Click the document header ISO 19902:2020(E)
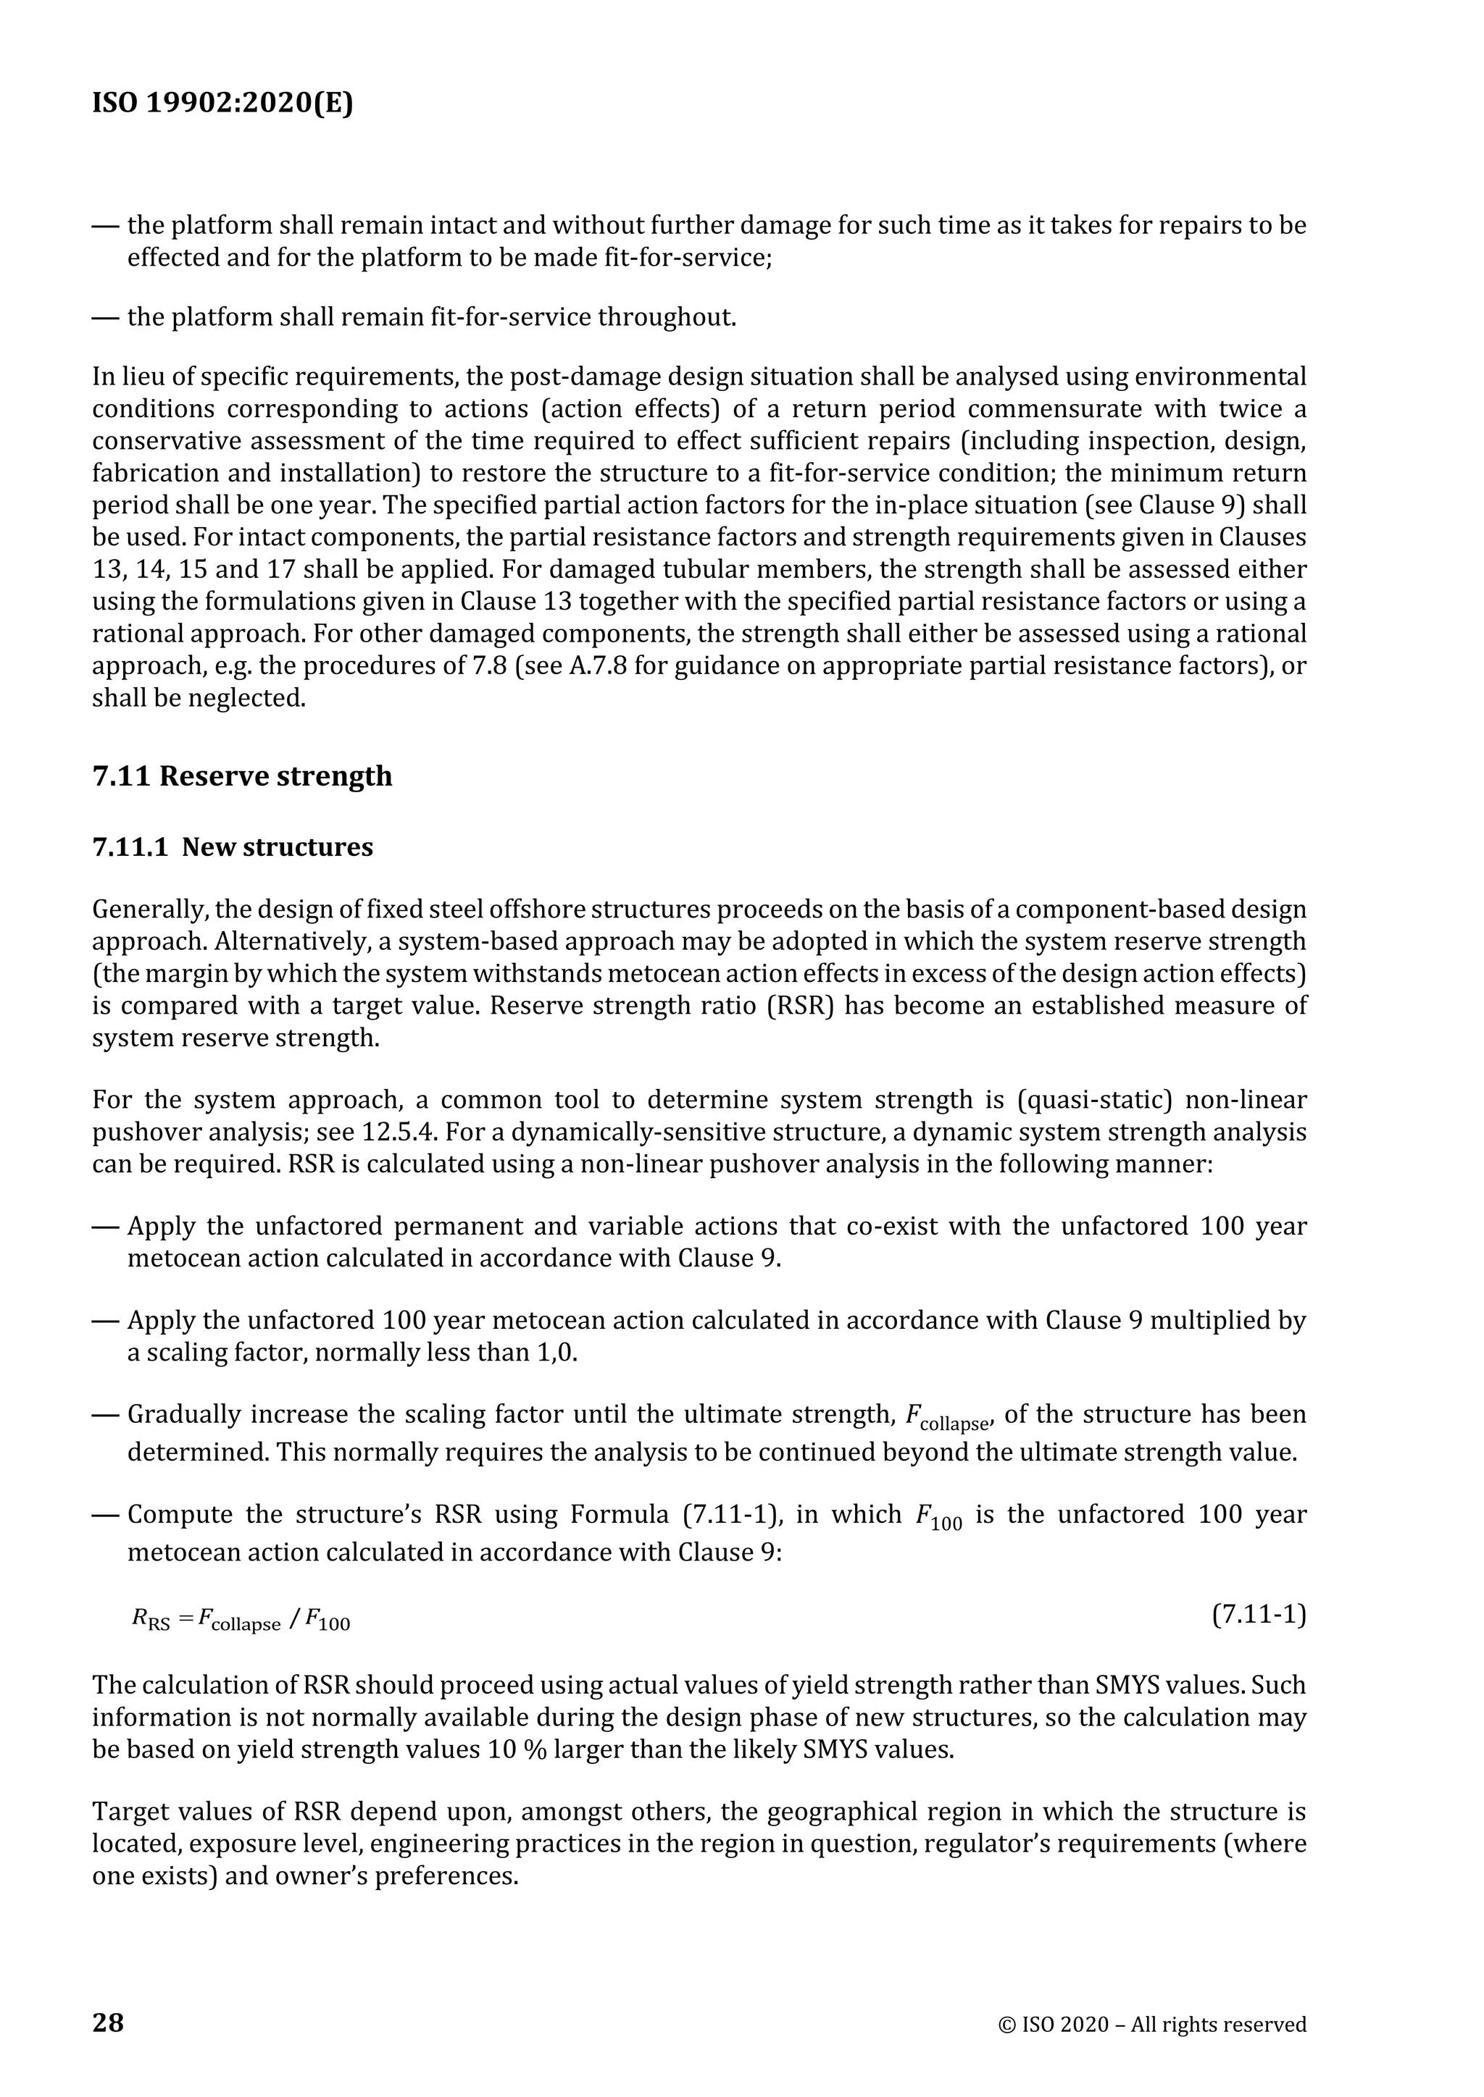click(222, 104)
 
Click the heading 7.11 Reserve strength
click(242, 776)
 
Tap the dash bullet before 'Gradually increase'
click(106, 1415)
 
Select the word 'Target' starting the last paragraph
click(125, 1811)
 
